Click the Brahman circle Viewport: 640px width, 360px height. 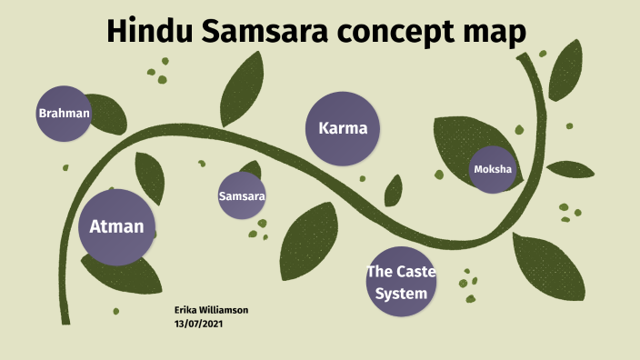pyautogui.click(x=64, y=114)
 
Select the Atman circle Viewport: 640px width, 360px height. pyautogui.click(x=116, y=226)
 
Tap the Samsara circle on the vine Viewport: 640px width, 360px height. pyautogui.click(x=242, y=195)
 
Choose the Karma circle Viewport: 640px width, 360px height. pyautogui.click(x=343, y=128)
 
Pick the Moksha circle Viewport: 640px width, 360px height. pyautogui.click(x=492, y=169)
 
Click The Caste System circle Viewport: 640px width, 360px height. pyautogui.click(x=396, y=282)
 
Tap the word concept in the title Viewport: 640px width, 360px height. pyautogui.click(x=403, y=33)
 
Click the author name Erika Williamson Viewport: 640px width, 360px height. pyautogui.click(x=211, y=310)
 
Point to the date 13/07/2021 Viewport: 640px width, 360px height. pyautogui.click(x=198, y=323)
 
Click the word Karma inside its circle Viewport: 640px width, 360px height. pyautogui.click(x=343, y=128)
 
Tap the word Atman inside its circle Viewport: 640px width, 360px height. pyautogui.click(x=116, y=226)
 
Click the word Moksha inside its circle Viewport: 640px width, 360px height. pyautogui.click(x=492, y=169)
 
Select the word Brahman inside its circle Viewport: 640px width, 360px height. pyautogui.click(x=64, y=114)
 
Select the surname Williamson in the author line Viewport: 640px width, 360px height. pyautogui.click(x=224, y=310)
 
